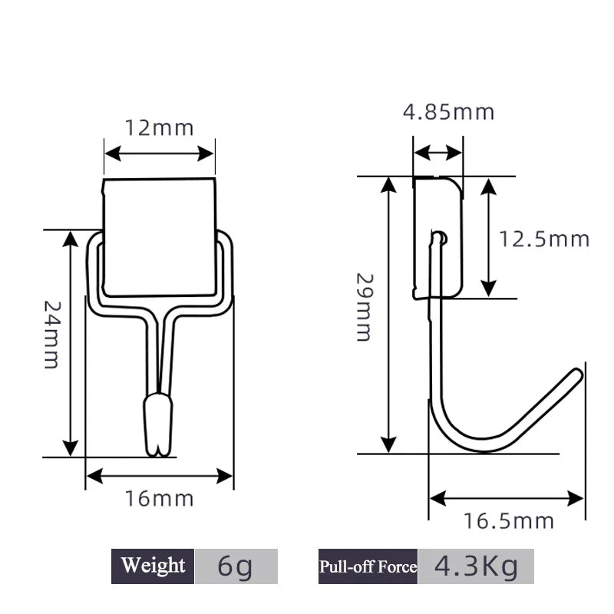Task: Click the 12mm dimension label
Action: coord(160,127)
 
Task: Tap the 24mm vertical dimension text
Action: coord(51,334)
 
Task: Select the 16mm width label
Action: coord(160,499)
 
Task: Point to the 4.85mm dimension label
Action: coord(449,112)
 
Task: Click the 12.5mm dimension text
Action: coord(544,239)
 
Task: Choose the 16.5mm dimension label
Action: coord(508,522)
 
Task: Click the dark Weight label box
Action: coord(153,566)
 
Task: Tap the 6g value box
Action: coord(235,566)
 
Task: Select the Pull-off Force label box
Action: coord(368,566)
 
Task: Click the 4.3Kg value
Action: coord(476,566)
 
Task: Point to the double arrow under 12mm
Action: coord(160,153)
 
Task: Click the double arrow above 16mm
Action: coord(160,477)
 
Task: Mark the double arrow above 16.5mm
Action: coord(507,499)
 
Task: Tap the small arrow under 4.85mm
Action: coord(437,153)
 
